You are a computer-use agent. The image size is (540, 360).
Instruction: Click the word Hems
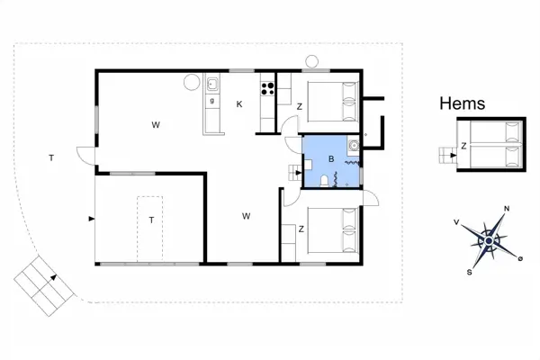pyautogui.click(x=463, y=103)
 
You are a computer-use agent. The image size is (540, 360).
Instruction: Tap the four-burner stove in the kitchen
pyautogui.click(x=267, y=88)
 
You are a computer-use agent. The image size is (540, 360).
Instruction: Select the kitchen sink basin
pyautogui.click(x=212, y=84)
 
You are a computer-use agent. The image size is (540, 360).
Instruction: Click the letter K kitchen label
pyautogui.click(x=239, y=104)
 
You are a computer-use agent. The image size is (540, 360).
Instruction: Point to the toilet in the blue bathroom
pyautogui.click(x=324, y=181)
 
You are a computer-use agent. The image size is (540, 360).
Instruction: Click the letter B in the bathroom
pyautogui.click(x=331, y=158)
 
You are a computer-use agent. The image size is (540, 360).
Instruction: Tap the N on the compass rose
pyautogui.click(x=507, y=209)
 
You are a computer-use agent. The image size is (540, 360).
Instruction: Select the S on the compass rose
pyautogui.click(x=469, y=272)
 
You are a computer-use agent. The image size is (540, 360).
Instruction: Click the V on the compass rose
pyautogui.click(x=456, y=222)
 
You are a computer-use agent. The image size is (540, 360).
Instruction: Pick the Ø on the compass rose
pyautogui.click(x=520, y=258)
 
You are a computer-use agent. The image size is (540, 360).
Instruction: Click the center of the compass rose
pyautogui.click(x=489, y=240)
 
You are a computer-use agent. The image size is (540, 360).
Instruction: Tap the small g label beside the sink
pyautogui.click(x=212, y=101)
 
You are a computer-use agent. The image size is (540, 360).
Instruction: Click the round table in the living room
pyautogui.click(x=192, y=82)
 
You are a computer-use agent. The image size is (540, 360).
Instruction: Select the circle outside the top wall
pyautogui.click(x=312, y=62)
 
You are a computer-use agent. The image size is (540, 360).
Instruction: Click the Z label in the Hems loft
pyautogui.click(x=463, y=146)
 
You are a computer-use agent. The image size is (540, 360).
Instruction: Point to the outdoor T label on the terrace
pyautogui.click(x=51, y=158)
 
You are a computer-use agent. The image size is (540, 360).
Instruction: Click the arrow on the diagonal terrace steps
pyautogui.click(x=53, y=277)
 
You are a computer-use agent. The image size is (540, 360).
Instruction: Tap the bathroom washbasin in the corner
pyautogui.click(x=354, y=146)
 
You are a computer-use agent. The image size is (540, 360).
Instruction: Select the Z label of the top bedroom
pyautogui.click(x=300, y=107)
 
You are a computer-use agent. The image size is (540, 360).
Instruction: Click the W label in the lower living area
pyautogui.click(x=246, y=216)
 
